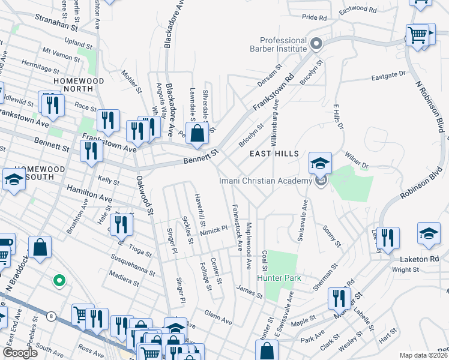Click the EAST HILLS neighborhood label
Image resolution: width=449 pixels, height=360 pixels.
pyautogui.click(x=274, y=154)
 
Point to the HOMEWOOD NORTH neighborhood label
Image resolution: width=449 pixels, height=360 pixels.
pyautogui.click(x=79, y=85)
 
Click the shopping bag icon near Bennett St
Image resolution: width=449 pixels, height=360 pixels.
pyautogui.click(x=197, y=134)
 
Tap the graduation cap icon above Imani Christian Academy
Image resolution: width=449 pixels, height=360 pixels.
pyautogui.click(x=320, y=163)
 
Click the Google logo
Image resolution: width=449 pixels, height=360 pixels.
pyautogui.click(x=20, y=353)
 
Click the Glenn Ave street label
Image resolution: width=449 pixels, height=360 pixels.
pyautogui.click(x=218, y=317)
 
